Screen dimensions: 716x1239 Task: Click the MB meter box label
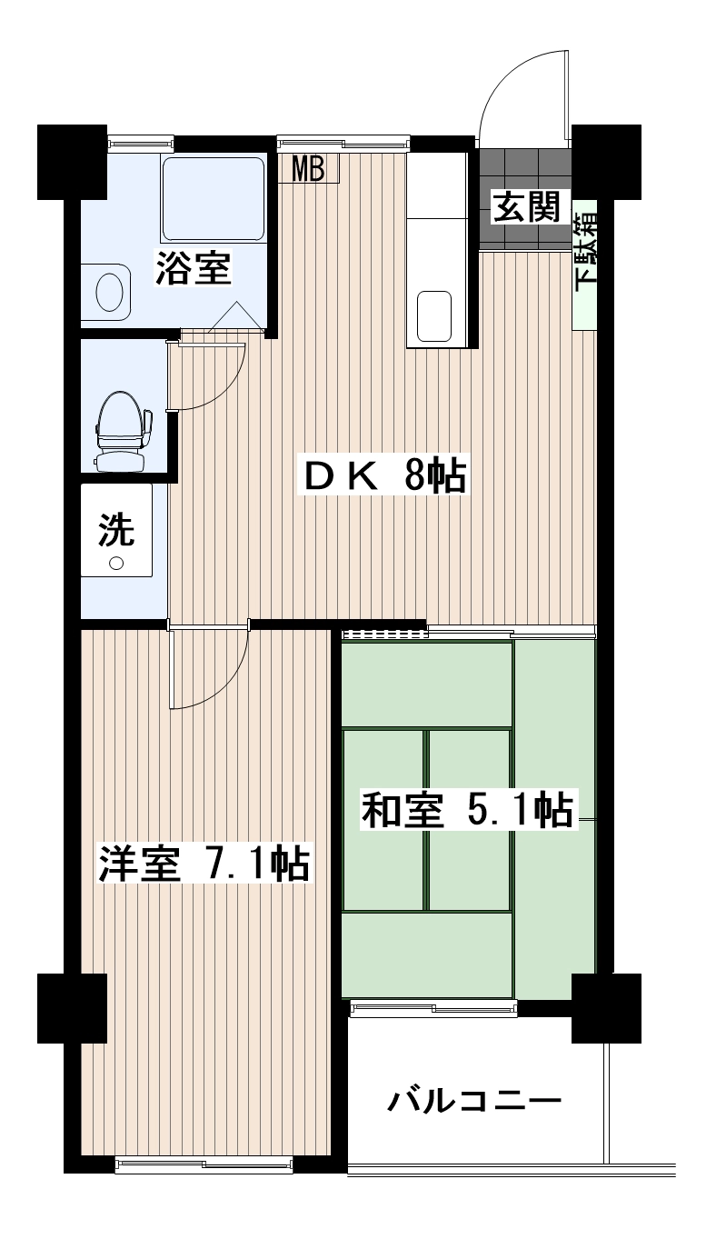[x=308, y=168]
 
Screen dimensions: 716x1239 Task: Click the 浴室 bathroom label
[x=193, y=268]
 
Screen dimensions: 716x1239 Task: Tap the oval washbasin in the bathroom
[x=109, y=293]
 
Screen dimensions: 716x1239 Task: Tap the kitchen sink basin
[x=434, y=316]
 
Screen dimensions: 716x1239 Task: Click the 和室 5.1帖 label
[x=468, y=810]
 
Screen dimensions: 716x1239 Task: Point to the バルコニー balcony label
[x=475, y=1102]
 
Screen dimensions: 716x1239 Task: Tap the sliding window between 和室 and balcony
[x=433, y=1008]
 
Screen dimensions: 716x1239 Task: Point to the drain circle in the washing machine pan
[x=116, y=563]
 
